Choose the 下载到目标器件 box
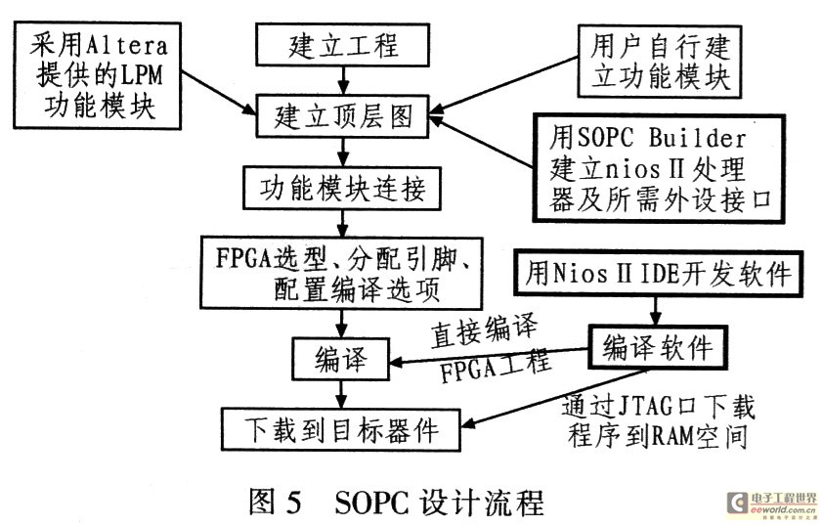[340, 427]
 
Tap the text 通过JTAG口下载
[659, 404]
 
